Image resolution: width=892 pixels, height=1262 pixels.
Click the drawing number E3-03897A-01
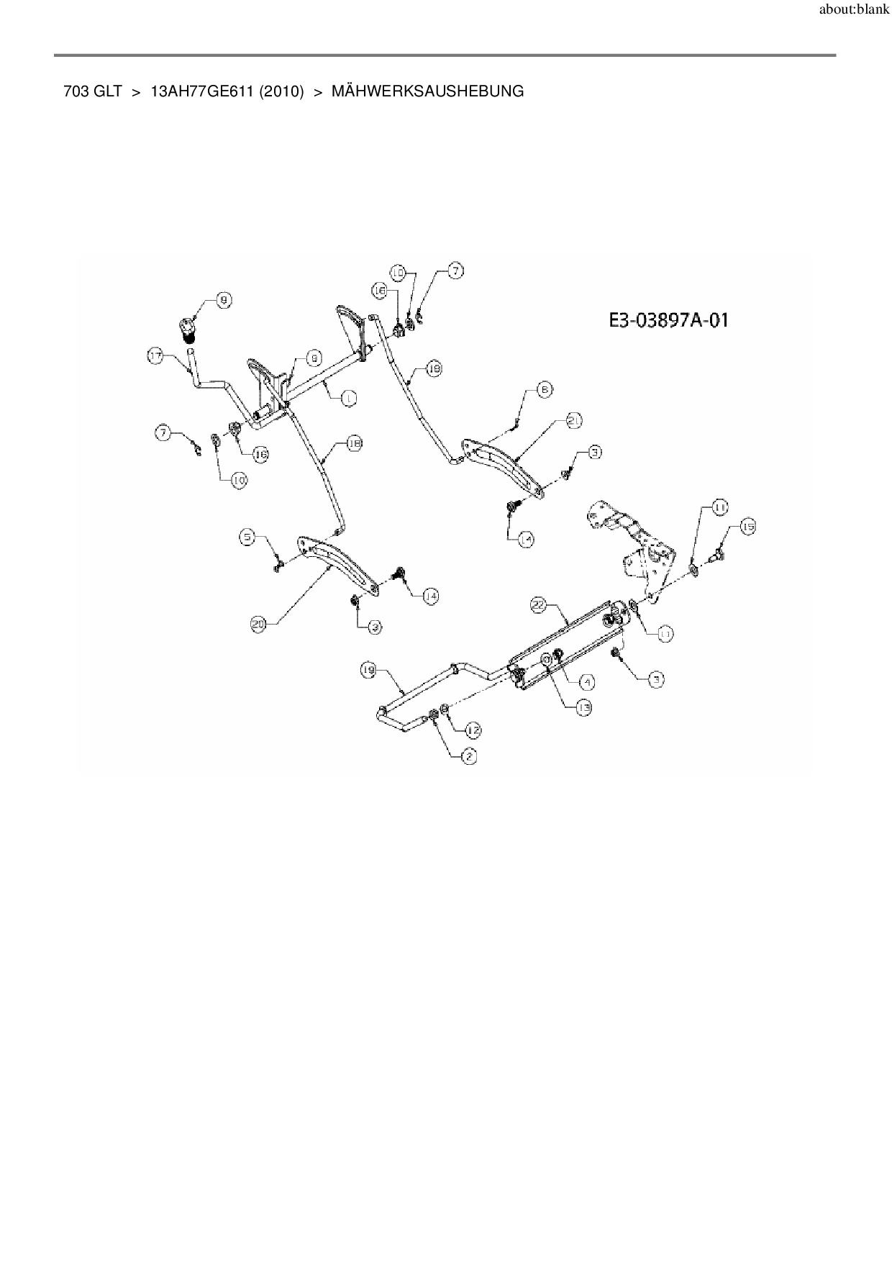pos(668,320)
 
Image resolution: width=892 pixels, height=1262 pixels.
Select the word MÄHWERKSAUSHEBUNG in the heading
pos(427,91)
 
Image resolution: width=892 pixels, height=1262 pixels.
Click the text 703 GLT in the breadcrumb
pos(93,91)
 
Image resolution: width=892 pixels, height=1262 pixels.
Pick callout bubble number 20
pos(259,625)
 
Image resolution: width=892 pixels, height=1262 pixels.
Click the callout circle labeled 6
pos(545,389)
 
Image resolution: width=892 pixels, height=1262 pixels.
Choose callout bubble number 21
pos(573,420)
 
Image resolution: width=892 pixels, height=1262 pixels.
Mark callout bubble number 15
pos(747,527)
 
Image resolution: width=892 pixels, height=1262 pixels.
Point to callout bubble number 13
pos(583,708)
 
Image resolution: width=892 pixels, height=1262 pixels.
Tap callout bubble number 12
pos(473,730)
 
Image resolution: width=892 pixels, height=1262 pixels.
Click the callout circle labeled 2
pos(468,755)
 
